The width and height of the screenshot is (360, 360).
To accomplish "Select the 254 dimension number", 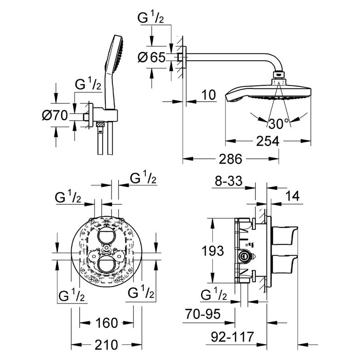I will click(268, 141).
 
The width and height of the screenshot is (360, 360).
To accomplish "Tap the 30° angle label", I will click(278, 124).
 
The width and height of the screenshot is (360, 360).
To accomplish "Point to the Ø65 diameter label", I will click(151, 57).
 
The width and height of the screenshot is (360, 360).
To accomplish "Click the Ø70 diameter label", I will click(55, 115).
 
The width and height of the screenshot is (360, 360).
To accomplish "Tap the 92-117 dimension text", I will click(232, 337).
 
